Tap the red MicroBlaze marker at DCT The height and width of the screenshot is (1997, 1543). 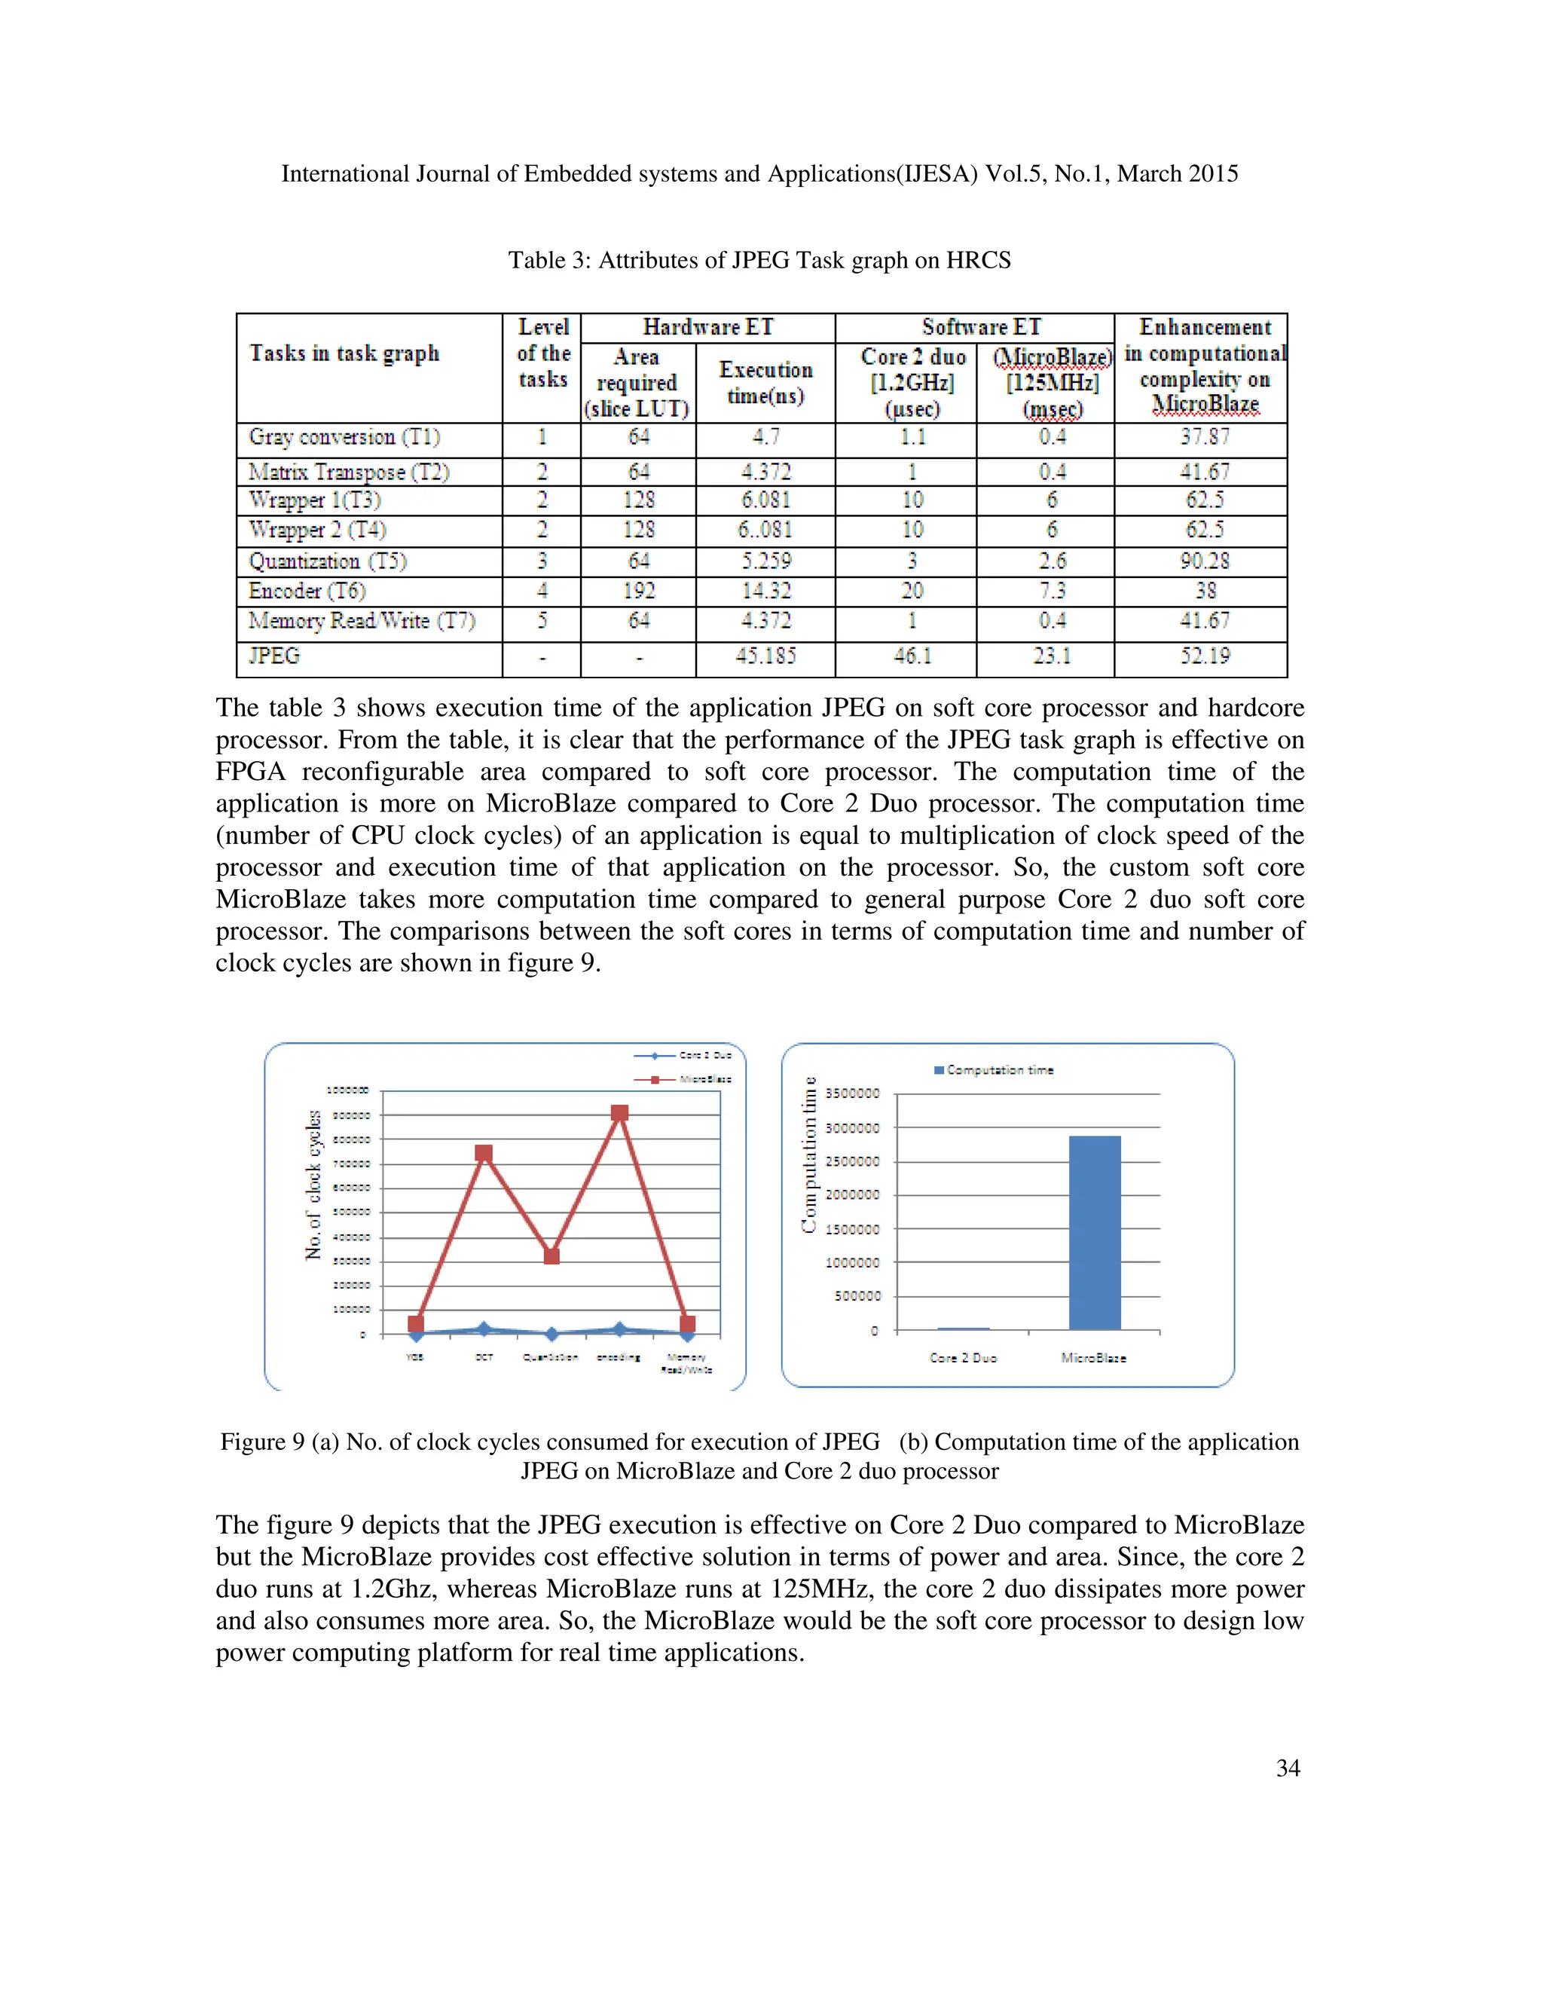(484, 1154)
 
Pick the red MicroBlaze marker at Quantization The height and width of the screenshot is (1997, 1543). (552, 1255)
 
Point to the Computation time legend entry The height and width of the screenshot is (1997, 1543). (994, 1070)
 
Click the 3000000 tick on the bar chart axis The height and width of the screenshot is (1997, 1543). (852, 1128)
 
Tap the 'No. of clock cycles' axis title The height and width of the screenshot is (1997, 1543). (313, 1185)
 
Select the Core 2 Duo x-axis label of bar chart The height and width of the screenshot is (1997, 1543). (963, 1358)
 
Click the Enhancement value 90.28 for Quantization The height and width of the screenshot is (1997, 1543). (1204, 561)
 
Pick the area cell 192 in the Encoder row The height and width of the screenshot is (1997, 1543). (638, 591)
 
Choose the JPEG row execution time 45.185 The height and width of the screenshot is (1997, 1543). (765, 656)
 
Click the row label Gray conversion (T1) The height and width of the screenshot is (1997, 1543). (344, 437)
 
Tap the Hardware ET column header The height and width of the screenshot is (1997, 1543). (707, 327)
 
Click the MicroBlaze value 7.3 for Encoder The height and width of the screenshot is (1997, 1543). (1051, 591)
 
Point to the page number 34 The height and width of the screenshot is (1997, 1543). (1287, 1769)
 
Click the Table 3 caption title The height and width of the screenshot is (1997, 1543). (759, 261)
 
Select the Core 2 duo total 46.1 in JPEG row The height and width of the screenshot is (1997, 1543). (912, 656)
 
